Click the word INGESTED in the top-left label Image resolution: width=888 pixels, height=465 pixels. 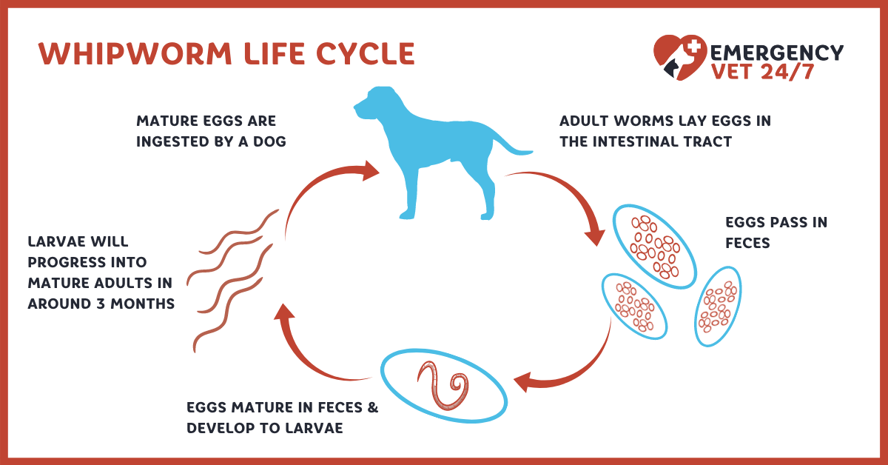point(172,141)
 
